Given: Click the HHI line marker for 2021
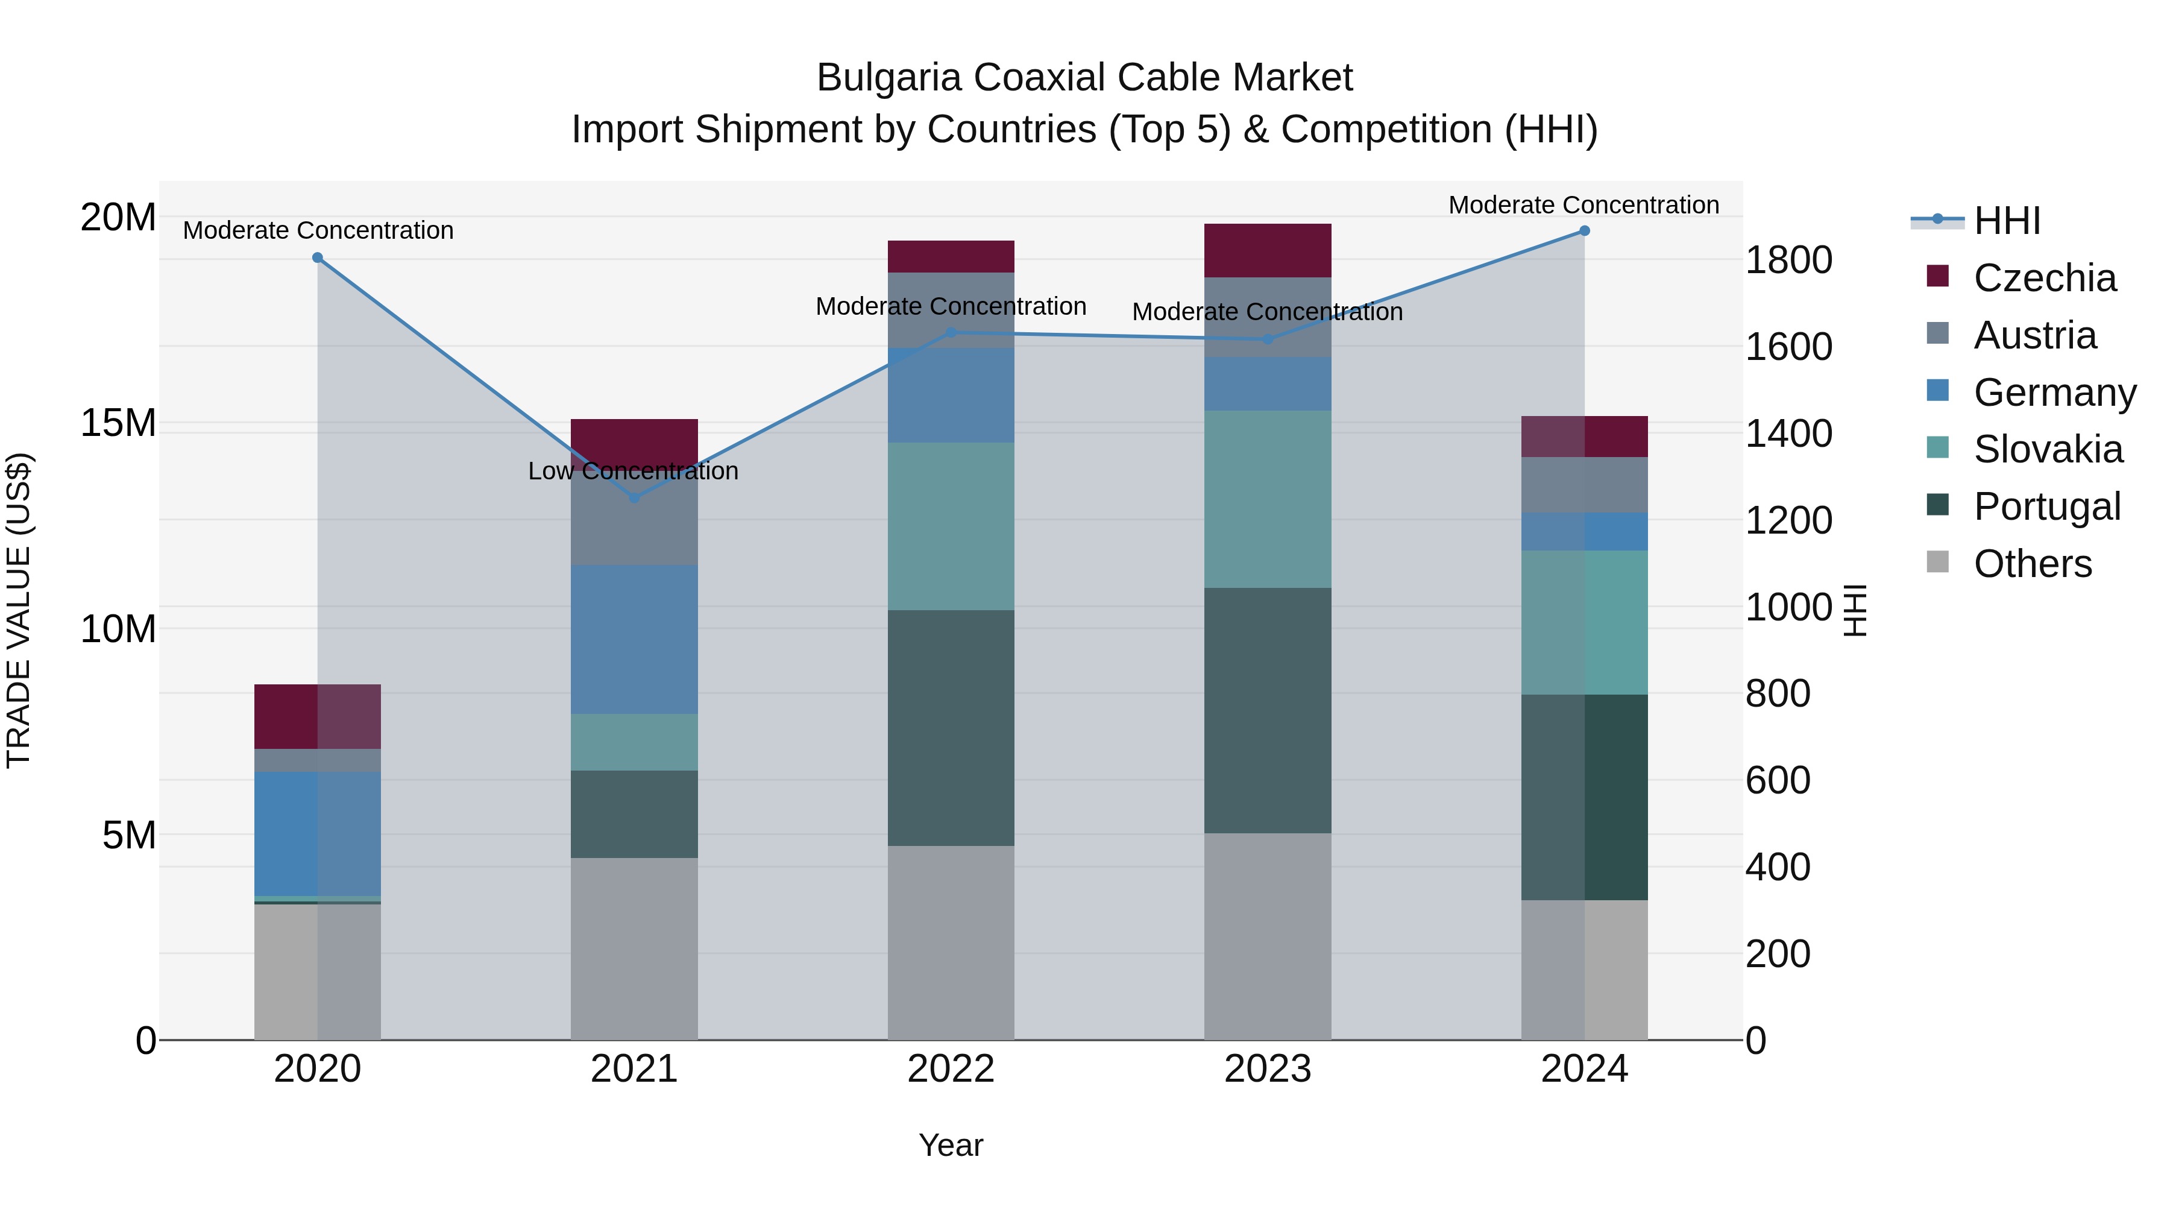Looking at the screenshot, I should [634, 498].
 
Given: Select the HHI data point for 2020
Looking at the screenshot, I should [318, 258].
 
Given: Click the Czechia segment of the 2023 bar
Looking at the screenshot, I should [1268, 250].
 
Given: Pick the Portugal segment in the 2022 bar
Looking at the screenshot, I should [951, 728].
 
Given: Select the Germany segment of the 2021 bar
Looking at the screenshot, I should [634, 640].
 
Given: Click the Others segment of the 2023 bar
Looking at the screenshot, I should [1268, 936].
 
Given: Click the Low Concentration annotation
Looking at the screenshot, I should [634, 471].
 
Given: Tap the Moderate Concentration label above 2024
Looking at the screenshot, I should [1583, 205].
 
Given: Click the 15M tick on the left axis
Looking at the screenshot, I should [118, 423].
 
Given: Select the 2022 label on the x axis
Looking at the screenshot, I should [951, 1069].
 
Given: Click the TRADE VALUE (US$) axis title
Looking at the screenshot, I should [19, 611].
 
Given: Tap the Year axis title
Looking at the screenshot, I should [951, 1145].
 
